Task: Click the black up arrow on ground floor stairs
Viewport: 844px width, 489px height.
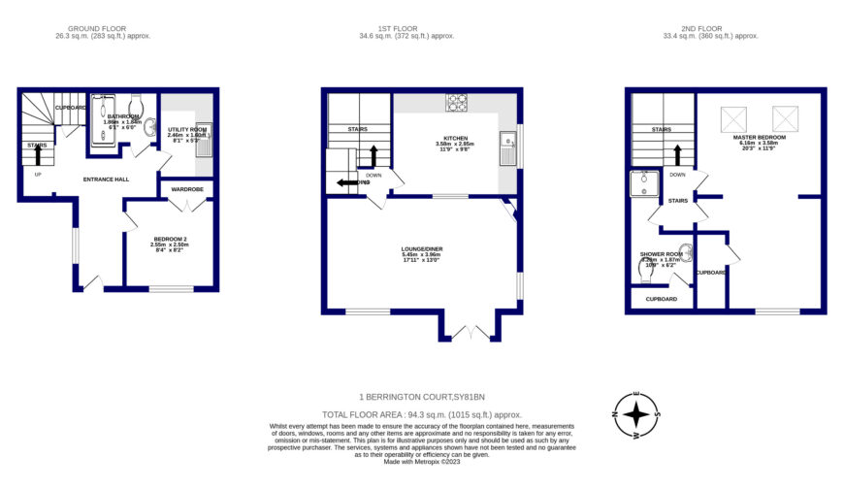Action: click(x=38, y=153)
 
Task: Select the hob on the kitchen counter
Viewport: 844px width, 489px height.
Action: click(x=455, y=101)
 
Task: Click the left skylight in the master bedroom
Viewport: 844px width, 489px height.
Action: click(x=732, y=118)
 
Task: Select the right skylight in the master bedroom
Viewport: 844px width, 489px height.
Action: click(x=784, y=118)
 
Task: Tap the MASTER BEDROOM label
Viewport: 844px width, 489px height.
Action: click(x=760, y=138)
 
